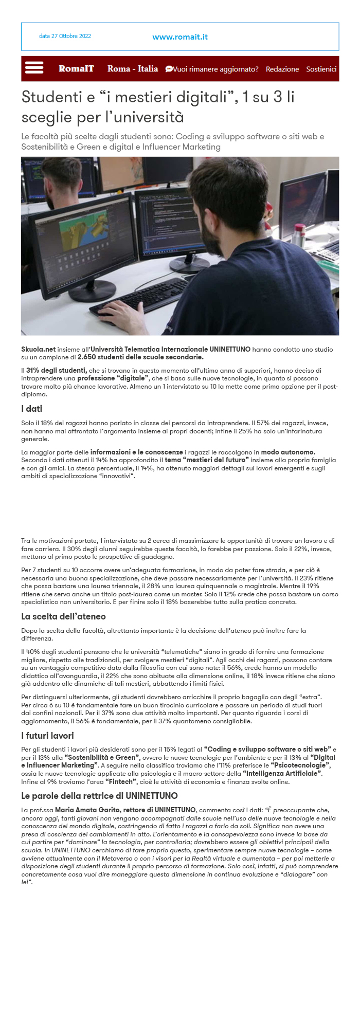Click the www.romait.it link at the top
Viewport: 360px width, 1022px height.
tap(180, 37)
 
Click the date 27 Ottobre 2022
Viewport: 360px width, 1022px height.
tap(65, 36)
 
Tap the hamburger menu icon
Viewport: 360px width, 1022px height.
tap(34, 68)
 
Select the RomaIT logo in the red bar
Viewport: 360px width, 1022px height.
tap(76, 68)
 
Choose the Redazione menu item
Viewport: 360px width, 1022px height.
tap(282, 69)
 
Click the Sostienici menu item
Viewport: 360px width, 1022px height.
tap(321, 69)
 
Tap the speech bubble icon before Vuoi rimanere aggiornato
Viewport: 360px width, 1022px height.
tap(169, 69)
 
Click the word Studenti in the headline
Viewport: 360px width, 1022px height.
tap(51, 97)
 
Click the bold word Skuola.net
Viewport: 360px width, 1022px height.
tap(38, 349)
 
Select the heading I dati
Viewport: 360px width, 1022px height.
tap(31, 409)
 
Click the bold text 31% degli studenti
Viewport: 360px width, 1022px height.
tap(56, 370)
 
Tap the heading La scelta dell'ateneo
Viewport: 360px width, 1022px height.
tap(63, 616)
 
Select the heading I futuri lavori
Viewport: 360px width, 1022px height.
tap(47, 736)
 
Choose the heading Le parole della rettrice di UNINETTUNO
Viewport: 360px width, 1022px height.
tap(99, 796)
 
